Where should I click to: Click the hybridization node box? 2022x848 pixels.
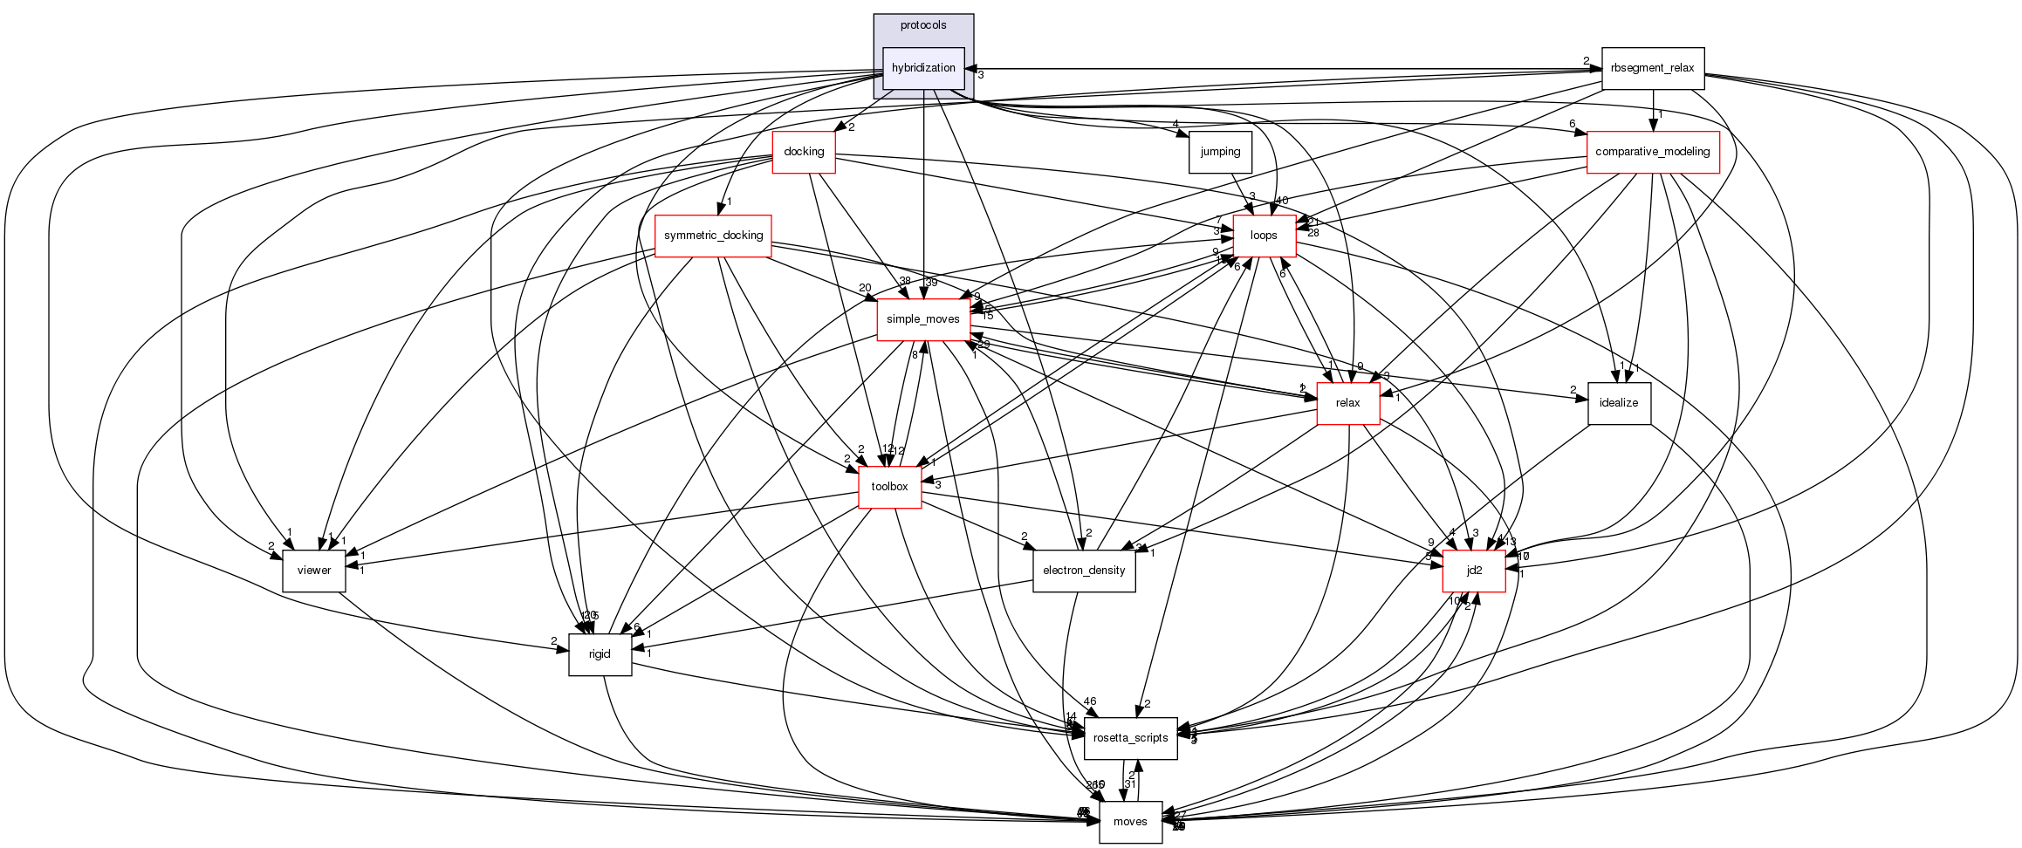[923, 68]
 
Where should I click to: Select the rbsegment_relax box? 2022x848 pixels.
[1652, 68]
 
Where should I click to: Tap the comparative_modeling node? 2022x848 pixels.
[1652, 152]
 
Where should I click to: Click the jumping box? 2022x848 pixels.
[1220, 152]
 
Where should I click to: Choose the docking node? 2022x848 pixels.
[804, 152]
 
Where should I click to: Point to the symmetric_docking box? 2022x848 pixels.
[713, 236]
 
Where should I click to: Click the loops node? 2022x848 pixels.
[1264, 236]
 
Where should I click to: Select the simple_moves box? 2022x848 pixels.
[922, 319]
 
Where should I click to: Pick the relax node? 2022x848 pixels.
[1347, 403]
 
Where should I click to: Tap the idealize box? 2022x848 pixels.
[1619, 403]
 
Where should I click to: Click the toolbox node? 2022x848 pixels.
[889, 487]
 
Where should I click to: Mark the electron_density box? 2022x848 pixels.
[1084, 571]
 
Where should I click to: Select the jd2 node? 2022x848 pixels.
[1474, 571]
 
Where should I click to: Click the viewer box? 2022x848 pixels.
[314, 571]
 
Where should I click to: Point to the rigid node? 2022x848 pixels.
[600, 654]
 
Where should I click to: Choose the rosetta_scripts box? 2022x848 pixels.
[1130, 738]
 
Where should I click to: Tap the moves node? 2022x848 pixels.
[1130, 822]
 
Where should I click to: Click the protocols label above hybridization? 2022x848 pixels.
[923, 25]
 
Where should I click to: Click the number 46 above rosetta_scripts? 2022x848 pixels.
[1089, 701]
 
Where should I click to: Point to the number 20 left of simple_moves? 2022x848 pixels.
[864, 288]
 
